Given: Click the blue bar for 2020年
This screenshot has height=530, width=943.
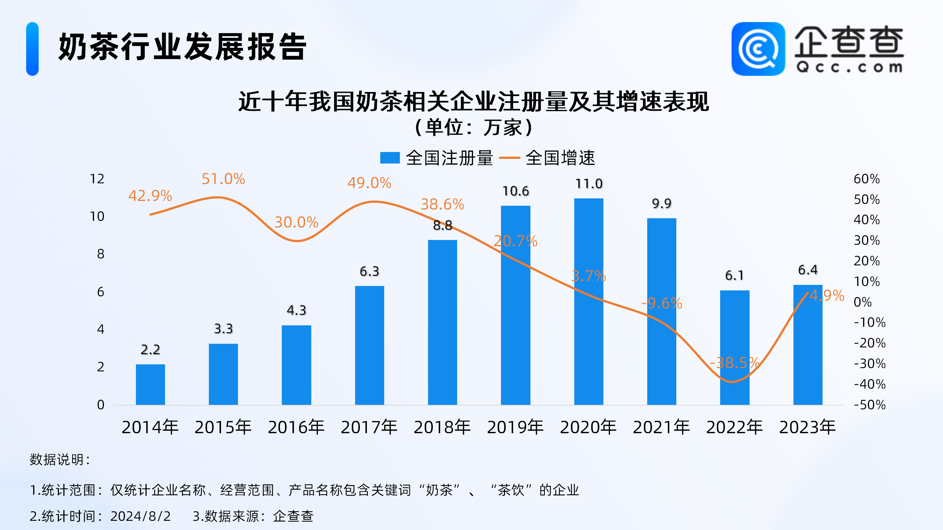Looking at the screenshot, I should click(x=588, y=302).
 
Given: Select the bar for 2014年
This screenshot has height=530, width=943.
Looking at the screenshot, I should click(x=150, y=385).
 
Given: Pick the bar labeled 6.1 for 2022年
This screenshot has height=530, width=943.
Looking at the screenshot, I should click(x=735, y=347).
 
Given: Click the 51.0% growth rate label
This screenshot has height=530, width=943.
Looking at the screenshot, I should click(x=223, y=179).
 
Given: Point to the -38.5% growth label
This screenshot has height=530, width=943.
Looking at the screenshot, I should click(x=734, y=363).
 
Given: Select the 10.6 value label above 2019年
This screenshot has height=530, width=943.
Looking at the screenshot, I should click(x=516, y=191).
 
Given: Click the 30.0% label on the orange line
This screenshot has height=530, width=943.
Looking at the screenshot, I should click(x=296, y=222).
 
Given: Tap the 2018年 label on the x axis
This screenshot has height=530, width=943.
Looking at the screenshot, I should click(x=442, y=427).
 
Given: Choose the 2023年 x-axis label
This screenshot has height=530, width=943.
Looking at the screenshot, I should click(x=807, y=427).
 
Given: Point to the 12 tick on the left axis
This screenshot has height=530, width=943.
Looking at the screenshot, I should click(x=97, y=179).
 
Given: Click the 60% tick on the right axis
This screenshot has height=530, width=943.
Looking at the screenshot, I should click(x=867, y=179).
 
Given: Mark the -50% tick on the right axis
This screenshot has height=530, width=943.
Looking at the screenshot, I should click(x=870, y=405).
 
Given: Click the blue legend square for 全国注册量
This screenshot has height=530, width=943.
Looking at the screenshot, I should click(x=390, y=158).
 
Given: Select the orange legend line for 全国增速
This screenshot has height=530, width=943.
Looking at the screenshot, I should click(x=509, y=158).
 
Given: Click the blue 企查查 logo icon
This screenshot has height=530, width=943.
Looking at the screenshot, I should click(x=758, y=49).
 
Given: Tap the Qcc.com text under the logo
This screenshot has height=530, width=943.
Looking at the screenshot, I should click(x=849, y=67).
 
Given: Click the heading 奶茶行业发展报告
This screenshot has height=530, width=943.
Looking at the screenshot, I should click(x=182, y=47).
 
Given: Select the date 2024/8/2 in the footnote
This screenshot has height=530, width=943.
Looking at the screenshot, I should click(x=140, y=516).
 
